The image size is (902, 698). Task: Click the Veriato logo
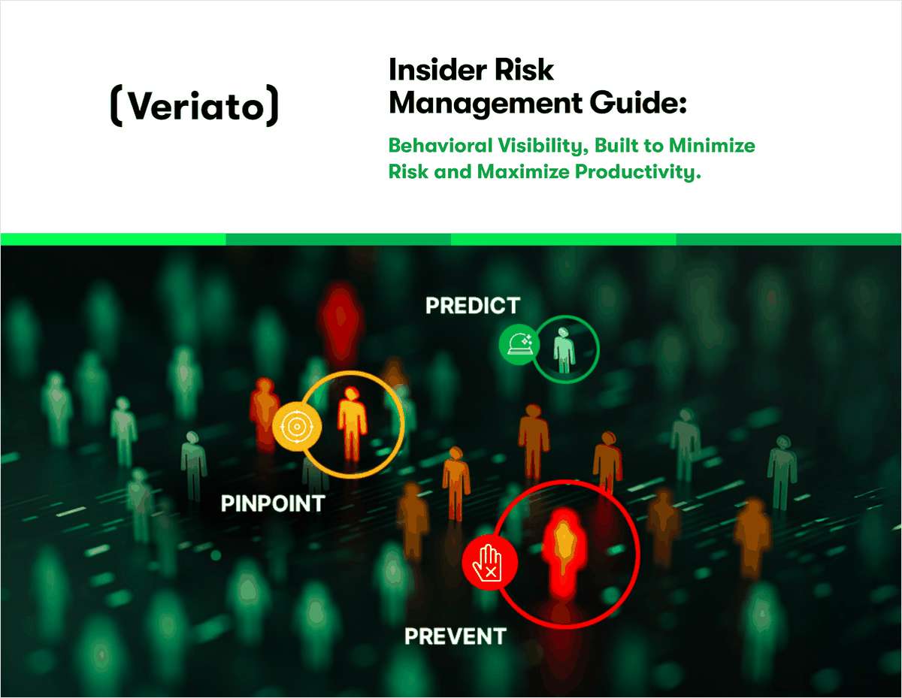(194, 107)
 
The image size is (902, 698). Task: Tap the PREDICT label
(472, 306)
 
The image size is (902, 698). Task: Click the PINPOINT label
(273, 503)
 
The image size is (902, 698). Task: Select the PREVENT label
(455, 636)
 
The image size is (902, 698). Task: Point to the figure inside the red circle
(564, 548)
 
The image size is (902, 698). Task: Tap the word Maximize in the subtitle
(520, 171)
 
